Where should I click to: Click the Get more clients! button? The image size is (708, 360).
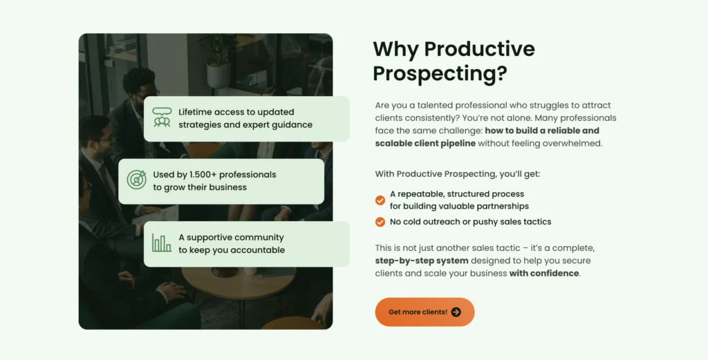tap(425, 312)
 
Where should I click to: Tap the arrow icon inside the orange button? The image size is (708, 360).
tap(456, 312)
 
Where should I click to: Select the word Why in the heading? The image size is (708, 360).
tap(395, 50)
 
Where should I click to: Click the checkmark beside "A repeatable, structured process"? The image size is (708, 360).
tap(380, 200)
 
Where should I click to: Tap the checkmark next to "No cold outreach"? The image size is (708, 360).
tap(380, 222)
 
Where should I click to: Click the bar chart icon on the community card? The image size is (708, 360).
tap(162, 243)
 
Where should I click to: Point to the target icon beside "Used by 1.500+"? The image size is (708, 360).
tap(136, 180)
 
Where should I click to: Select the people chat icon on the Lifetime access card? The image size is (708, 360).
tap(162, 117)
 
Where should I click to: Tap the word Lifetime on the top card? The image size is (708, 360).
tap(194, 112)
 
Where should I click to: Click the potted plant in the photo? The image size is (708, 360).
tap(218, 60)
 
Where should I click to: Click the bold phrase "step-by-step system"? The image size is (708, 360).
tap(422, 260)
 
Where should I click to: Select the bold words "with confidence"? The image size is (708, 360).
tap(544, 274)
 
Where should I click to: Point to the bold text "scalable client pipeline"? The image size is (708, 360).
tap(425, 144)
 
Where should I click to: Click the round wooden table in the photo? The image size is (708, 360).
tap(239, 281)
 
